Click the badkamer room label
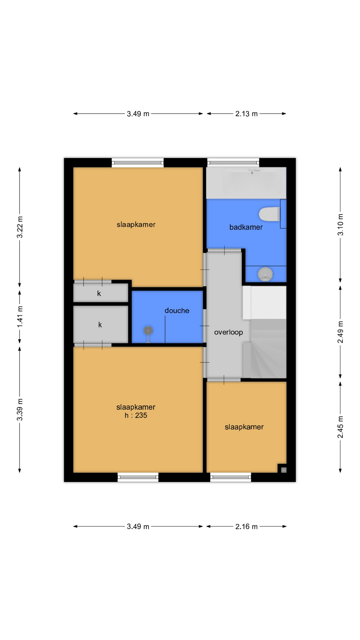coord(246,227)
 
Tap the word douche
coord(177,311)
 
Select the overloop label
coord(229,332)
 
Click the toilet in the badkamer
coord(269,214)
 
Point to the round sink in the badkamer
coord(265,274)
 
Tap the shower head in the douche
coord(148,331)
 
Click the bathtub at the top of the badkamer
coord(246,183)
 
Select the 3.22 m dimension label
coord(20,227)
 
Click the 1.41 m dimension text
coord(20,317)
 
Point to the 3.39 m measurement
coord(20,410)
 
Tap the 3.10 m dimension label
coord(340,225)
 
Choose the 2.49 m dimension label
coord(340,332)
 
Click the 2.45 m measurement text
coord(340,427)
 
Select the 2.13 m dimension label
coord(246,114)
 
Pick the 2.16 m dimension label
coord(246,527)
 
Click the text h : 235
coord(136,415)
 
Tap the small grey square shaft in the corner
coord(284,470)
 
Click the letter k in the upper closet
coord(99,294)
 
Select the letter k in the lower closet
coord(100,325)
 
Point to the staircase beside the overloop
coord(268,348)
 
